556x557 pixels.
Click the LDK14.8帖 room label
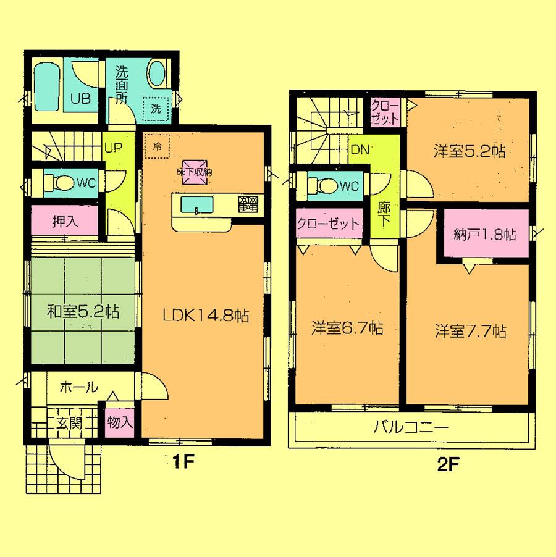click(205, 316)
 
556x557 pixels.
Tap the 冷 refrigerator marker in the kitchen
click(157, 146)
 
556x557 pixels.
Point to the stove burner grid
click(248, 204)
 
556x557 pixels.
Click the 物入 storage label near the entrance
click(119, 423)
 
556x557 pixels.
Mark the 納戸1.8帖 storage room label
click(484, 235)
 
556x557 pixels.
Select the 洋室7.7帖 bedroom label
click(470, 332)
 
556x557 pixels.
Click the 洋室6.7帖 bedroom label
click(346, 328)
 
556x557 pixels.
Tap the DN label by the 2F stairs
click(360, 148)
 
